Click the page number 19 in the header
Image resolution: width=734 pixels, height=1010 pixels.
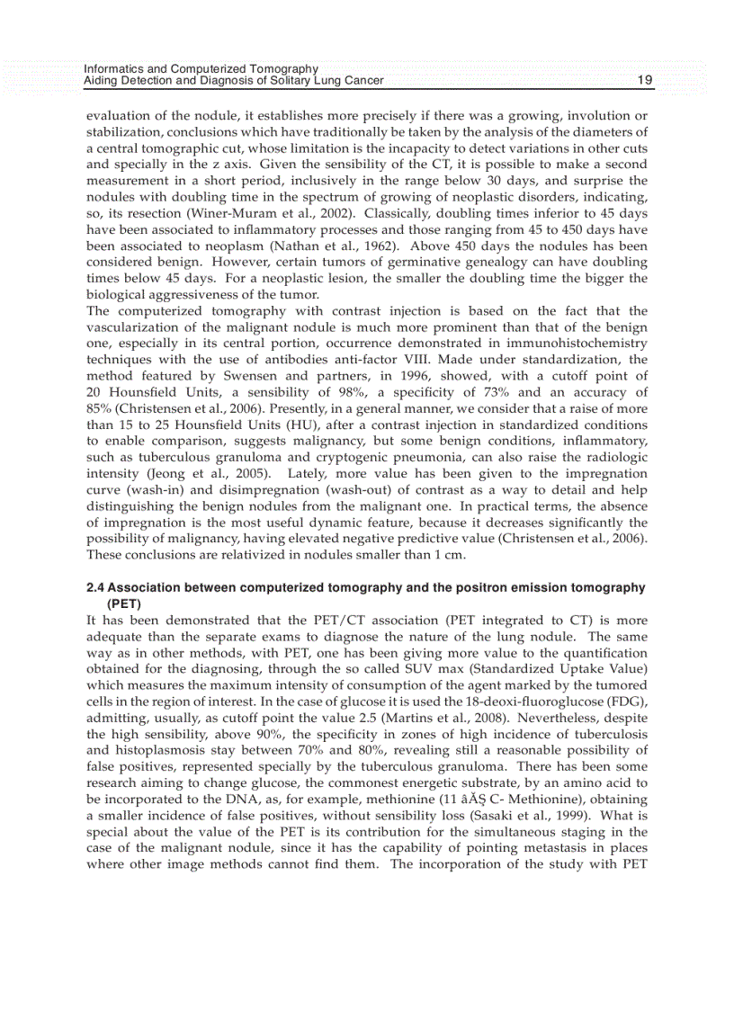(x=644, y=80)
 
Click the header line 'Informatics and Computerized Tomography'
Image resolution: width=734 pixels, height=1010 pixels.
(x=201, y=68)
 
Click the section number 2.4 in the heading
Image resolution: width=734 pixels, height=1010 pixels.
(x=95, y=587)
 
